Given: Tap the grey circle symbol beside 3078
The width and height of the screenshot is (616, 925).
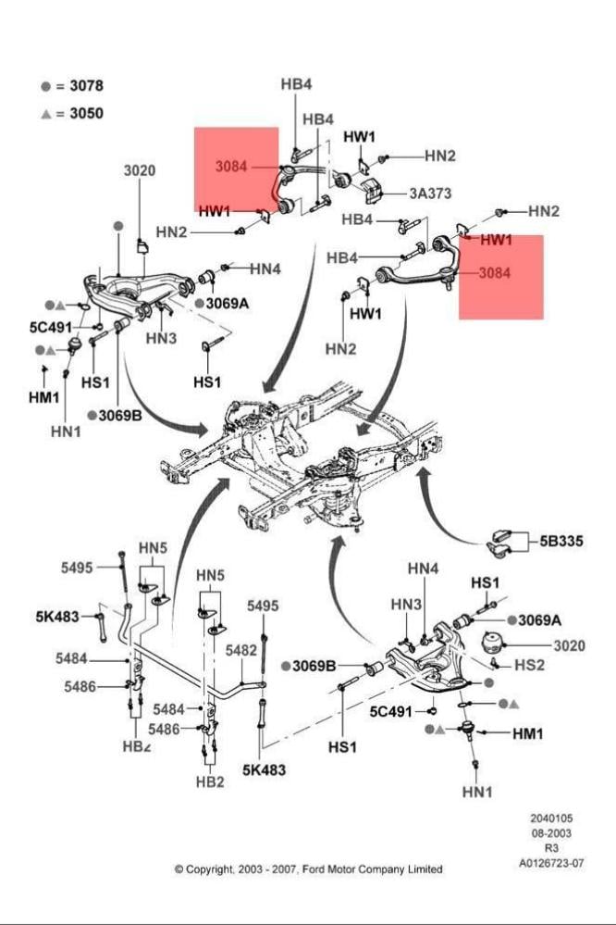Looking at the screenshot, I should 45,86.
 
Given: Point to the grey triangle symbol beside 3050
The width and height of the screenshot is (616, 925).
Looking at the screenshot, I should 45,114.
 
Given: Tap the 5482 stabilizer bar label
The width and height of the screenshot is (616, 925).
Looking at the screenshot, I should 240,650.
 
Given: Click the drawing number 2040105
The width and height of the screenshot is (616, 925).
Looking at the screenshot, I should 551,819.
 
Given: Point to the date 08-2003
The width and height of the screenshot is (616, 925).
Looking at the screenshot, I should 551,833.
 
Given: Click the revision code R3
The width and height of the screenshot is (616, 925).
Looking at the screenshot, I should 551,848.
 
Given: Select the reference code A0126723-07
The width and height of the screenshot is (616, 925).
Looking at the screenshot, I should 551,863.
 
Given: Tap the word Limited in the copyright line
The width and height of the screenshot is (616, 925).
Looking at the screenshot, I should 422,869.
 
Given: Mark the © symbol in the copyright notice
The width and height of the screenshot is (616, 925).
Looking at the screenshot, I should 179,869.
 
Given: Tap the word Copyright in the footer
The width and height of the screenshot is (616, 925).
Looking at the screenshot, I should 208,869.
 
